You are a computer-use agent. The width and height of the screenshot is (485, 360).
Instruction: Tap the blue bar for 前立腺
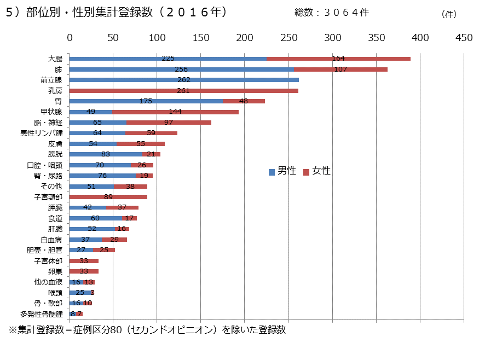click(x=184, y=80)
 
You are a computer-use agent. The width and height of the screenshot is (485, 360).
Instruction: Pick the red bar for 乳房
click(x=184, y=91)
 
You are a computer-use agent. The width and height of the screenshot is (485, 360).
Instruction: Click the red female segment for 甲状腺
click(x=175, y=112)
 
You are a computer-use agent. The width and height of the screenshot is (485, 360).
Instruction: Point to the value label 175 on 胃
click(x=146, y=101)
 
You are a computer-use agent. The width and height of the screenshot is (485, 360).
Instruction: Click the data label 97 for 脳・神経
click(x=169, y=122)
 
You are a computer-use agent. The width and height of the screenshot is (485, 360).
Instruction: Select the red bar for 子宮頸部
click(x=108, y=197)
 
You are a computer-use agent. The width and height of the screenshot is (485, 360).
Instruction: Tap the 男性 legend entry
click(x=282, y=171)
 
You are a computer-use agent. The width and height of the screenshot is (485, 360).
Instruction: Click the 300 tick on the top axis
click(x=332, y=37)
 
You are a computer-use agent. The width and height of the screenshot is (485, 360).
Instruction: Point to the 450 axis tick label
click(x=464, y=37)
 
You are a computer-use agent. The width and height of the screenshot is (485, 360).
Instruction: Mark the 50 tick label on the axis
click(x=113, y=37)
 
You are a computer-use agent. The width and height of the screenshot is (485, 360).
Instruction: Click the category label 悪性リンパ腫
click(x=42, y=133)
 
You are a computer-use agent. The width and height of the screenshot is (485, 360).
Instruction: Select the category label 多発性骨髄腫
click(x=42, y=314)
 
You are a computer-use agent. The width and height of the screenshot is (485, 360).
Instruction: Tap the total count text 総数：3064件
click(x=331, y=13)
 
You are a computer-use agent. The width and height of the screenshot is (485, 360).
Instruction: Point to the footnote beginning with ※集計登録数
click(x=147, y=330)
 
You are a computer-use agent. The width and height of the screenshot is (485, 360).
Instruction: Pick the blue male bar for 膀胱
click(x=106, y=154)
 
